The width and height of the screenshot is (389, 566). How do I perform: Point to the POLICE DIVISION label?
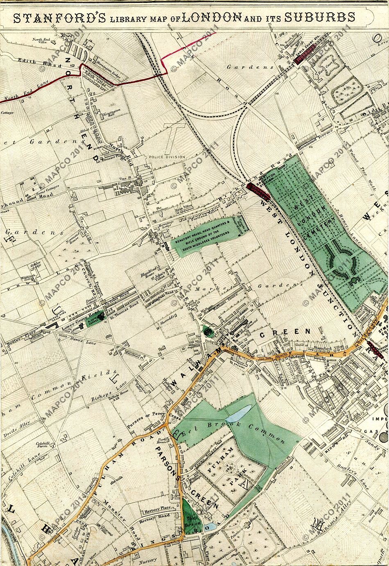point(167,157)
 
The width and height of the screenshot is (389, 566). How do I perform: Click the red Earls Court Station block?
point(304,59)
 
